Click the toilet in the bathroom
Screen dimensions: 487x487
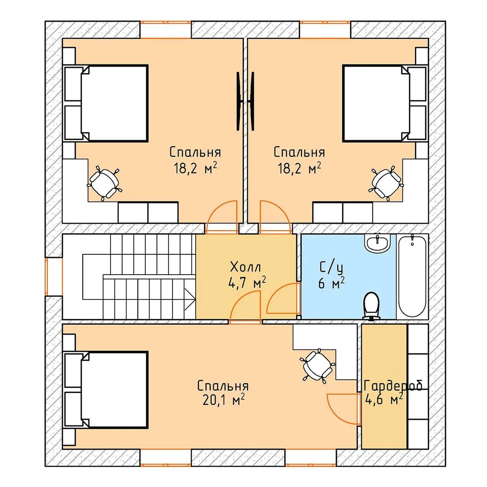(x=372, y=305)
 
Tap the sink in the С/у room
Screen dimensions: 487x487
(x=377, y=243)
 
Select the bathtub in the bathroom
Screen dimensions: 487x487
(x=412, y=276)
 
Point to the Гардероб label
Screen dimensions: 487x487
(x=393, y=386)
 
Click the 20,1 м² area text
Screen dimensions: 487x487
(x=223, y=400)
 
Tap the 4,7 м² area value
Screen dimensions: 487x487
(x=247, y=283)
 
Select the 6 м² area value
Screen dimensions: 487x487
(x=331, y=283)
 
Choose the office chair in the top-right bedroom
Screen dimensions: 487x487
(x=386, y=183)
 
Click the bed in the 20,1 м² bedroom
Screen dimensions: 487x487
(x=106, y=390)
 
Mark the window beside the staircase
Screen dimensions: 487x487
(x=46, y=276)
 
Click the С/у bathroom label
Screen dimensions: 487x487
(x=331, y=267)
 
